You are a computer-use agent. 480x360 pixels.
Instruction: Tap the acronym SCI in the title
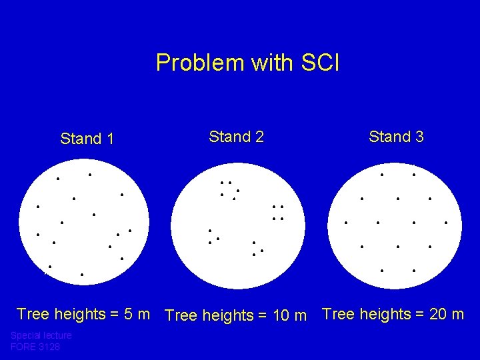pos(320,63)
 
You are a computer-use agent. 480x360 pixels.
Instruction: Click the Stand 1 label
pos(87,139)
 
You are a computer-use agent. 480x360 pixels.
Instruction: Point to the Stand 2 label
pos(236,137)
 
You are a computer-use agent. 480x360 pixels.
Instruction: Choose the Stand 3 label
pos(396,137)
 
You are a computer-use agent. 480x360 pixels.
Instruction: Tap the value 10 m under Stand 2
pos(289,315)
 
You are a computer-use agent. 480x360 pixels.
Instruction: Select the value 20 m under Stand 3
pos(446,313)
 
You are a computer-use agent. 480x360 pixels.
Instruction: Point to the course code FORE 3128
pos(35,347)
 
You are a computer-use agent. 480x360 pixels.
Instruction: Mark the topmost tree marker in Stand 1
pos(91,175)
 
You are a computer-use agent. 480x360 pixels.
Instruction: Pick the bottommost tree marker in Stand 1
pos(81,275)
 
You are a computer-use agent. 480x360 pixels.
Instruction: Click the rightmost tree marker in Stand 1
pos(129,231)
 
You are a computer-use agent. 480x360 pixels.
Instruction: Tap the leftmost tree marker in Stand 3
pos(345,223)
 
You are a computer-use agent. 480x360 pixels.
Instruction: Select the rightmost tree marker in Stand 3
pos(445,223)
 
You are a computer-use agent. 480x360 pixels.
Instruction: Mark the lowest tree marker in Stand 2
pos(254,255)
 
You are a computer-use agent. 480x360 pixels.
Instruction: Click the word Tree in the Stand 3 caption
pos(337,313)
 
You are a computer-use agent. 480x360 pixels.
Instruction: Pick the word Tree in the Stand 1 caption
pos(32,313)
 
